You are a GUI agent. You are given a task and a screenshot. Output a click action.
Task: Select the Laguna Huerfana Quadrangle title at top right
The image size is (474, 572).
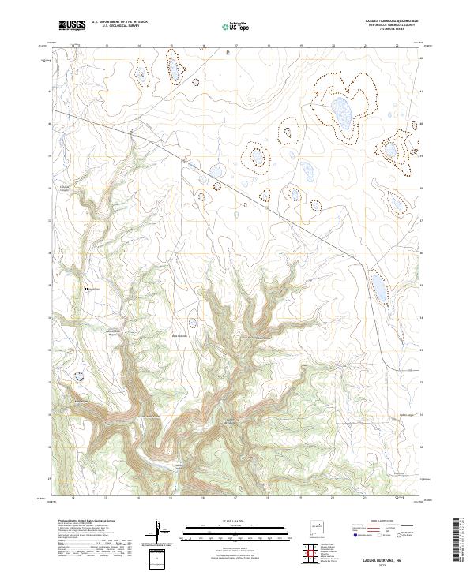(x=391, y=21)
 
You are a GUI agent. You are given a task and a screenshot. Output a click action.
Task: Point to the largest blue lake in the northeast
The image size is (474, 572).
(x=342, y=111)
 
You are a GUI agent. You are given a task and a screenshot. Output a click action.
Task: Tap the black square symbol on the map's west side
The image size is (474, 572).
(x=87, y=290)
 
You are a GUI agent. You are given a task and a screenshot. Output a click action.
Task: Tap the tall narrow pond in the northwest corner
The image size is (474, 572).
(x=141, y=75)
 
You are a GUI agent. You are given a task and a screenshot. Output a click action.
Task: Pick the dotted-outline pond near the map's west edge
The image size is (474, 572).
(x=78, y=377)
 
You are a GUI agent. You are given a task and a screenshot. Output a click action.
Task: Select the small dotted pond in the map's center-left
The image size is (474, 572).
(x=194, y=322)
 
